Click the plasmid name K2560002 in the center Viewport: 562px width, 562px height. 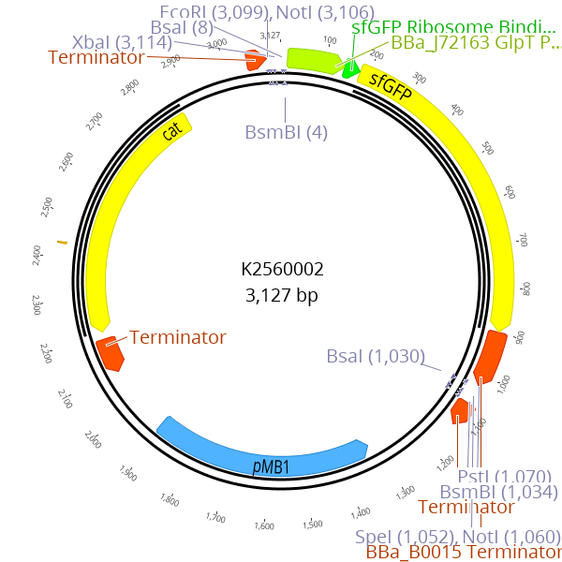pyautogui.click(x=282, y=270)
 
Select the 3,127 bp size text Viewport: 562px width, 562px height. pyautogui.click(x=282, y=296)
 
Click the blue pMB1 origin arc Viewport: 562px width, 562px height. pyautogui.click(x=262, y=449)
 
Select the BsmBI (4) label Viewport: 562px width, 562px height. pyautogui.click(x=287, y=132)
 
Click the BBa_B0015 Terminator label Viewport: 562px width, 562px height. pyautogui.click(x=463, y=552)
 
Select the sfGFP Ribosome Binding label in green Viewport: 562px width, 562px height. pyautogui.click(x=453, y=26)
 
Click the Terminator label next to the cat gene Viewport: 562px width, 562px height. pyautogui.click(x=178, y=337)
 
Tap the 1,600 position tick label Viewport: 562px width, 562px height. pyautogui.click(x=264, y=526)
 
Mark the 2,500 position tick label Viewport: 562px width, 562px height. pyautogui.click(x=47, y=207)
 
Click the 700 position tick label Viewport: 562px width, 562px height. pyautogui.click(x=523, y=241)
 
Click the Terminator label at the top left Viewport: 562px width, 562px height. pyautogui.click(x=96, y=57)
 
